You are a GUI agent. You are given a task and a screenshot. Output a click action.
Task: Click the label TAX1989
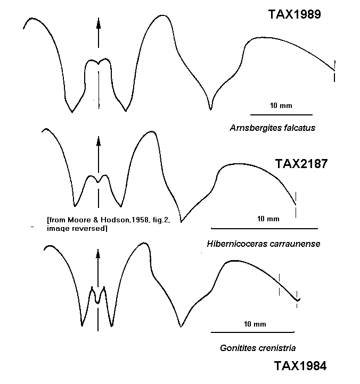coord(294,14)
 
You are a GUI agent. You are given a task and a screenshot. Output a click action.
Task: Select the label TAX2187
coord(301,164)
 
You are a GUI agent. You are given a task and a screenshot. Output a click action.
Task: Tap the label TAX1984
coord(300,366)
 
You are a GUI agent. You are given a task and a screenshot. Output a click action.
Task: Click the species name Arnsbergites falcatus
coord(273,128)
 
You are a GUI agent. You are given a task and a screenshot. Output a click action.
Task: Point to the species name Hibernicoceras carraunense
coord(264,244)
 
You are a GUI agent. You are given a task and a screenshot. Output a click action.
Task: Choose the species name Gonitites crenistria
coord(258,348)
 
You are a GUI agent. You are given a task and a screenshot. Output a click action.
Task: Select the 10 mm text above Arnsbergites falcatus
coord(281,105)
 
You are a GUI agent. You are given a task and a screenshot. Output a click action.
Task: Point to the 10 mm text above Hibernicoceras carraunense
coord(268,219)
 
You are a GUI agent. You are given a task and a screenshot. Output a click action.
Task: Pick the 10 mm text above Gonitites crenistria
coord(255,324)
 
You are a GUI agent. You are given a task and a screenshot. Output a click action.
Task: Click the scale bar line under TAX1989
coord(281,114)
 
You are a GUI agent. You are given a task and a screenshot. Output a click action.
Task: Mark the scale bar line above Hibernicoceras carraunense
coord(264,229)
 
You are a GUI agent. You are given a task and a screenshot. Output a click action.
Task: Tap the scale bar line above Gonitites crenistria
coord(252,332)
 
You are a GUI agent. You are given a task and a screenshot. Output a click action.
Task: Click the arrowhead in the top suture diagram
coord(99,24)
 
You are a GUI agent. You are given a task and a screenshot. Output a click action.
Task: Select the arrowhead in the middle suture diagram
coord(99,142)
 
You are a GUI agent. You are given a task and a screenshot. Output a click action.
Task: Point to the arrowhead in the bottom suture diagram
coord(98,254)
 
